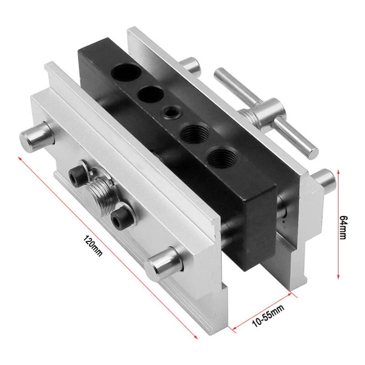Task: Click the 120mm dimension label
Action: point(92,246)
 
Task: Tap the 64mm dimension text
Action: point(343,227)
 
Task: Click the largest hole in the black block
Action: point(126,72)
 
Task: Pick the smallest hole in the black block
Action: point(172,111)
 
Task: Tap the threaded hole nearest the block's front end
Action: point(222,158)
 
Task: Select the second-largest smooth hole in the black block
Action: point(151,94)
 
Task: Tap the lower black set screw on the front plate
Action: point(119,217)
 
